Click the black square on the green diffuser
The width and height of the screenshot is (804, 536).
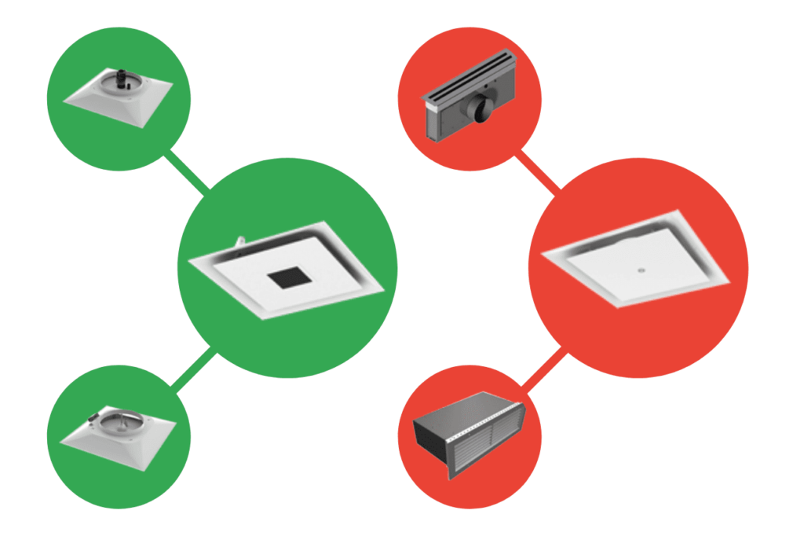pyautogui.click(x=288, y=277)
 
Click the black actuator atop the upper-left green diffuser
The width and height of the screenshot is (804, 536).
pyautogui.click(x=122, y=78)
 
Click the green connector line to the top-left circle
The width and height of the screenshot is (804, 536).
pyautogui.click(x=185, y=172)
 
